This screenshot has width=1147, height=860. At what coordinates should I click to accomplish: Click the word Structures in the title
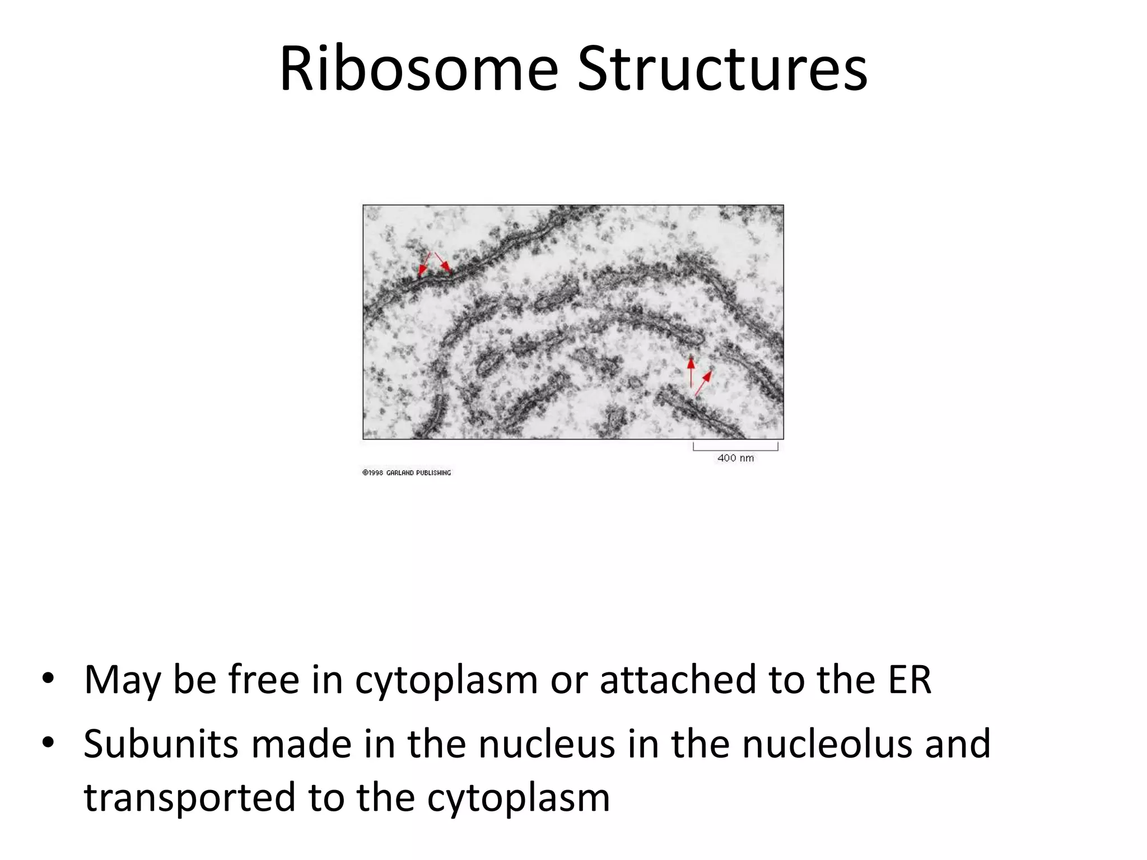[x=722, y=70]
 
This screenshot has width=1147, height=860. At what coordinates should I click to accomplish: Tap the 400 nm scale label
[x=735, y=458]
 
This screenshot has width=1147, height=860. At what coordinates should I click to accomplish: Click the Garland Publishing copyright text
[x=407, y=473]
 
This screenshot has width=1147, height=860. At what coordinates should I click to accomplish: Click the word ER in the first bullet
[x=910, y=680]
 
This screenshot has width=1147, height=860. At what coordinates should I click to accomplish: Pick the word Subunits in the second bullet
[x=162, y=744]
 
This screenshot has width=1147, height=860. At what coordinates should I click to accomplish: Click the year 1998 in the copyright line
[x=376, y=473]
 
